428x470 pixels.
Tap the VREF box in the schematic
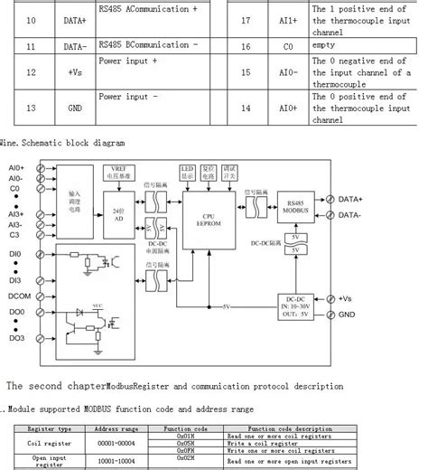click(117, 173)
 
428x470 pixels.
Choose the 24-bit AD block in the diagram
click(117, 217)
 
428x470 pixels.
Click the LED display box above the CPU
click(188, 172)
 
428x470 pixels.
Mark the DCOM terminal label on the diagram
click(21, 296)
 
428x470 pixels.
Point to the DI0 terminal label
click(15, 255)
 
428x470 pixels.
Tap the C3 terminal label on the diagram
click(14, 234)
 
